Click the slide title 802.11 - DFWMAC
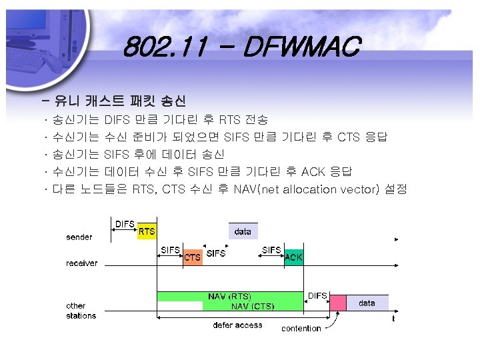tap(241, 48)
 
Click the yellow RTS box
tap(147, 231)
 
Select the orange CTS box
tap(193, 257)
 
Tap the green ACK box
tap(293, 257)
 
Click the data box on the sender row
tap(243, 231)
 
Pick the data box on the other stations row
tap(367, 303)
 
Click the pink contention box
tap(339, 303)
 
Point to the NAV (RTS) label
tap(230, 296)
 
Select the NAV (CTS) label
tap(251, 307)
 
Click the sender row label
tap(79, 237)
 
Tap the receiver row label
tap(81, 263)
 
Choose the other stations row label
tap(81, 311)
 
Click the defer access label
tap(237, 325)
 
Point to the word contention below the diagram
tap(301, 328)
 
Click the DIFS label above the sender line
tap(125, 224)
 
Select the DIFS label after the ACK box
tap(317, 295)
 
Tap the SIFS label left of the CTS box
tap(171, 250)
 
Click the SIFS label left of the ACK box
tap(271, 250)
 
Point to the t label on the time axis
tap(393, 319)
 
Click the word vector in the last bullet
tap(359, 189)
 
